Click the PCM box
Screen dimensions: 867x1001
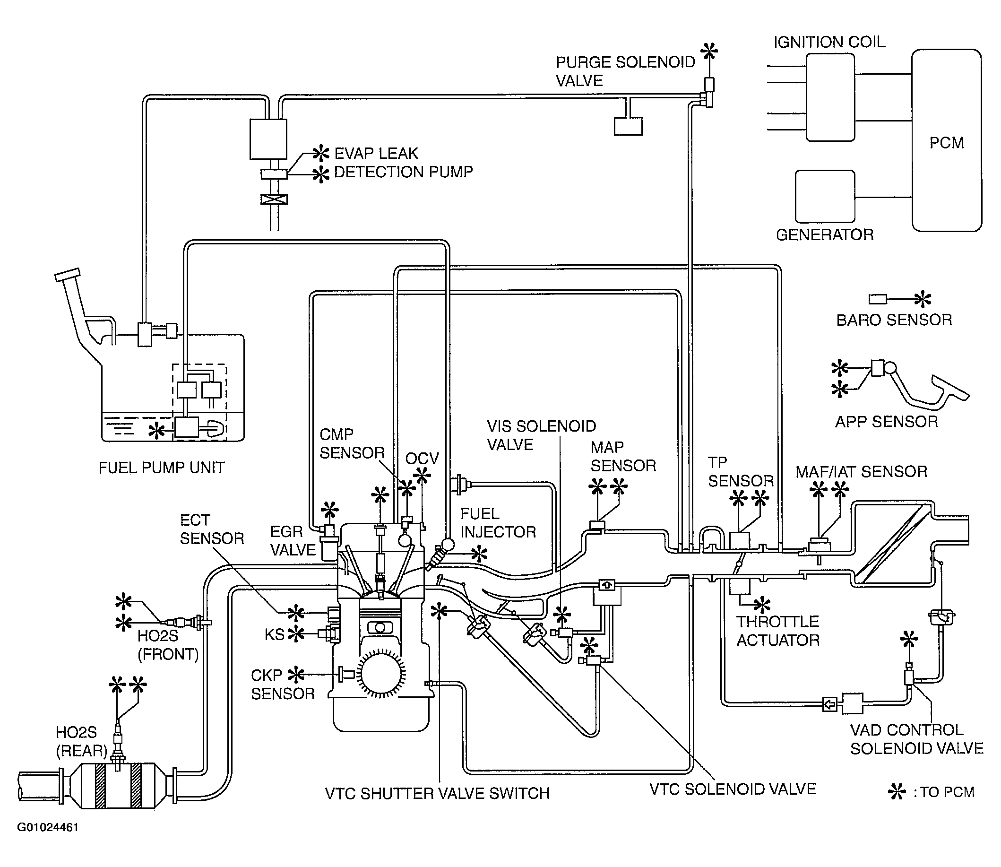[946, 140]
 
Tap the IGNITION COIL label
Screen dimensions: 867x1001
[829, 42]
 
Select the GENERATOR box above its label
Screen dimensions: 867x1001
[825, 196]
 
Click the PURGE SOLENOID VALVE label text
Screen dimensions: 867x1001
[625, 71]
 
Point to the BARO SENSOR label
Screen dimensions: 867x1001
[894, 320]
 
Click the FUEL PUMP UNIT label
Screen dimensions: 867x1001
[162, 468]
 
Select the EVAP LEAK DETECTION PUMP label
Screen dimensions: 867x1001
[403, 163]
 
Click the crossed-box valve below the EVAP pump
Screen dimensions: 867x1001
[274, 199]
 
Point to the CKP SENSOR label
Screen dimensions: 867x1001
[283, 684]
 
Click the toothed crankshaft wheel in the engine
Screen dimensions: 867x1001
[380, 673]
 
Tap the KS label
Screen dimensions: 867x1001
[274, 634]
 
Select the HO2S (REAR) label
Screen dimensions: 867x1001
[81, 742]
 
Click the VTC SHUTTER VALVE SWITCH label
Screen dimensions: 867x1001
[437, 793]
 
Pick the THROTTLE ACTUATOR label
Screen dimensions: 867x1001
[777, 631]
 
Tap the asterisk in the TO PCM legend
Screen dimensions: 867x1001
[897, 792]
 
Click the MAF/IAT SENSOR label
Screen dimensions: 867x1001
[861, 472]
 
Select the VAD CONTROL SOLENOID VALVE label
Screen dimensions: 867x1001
[916, 739]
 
